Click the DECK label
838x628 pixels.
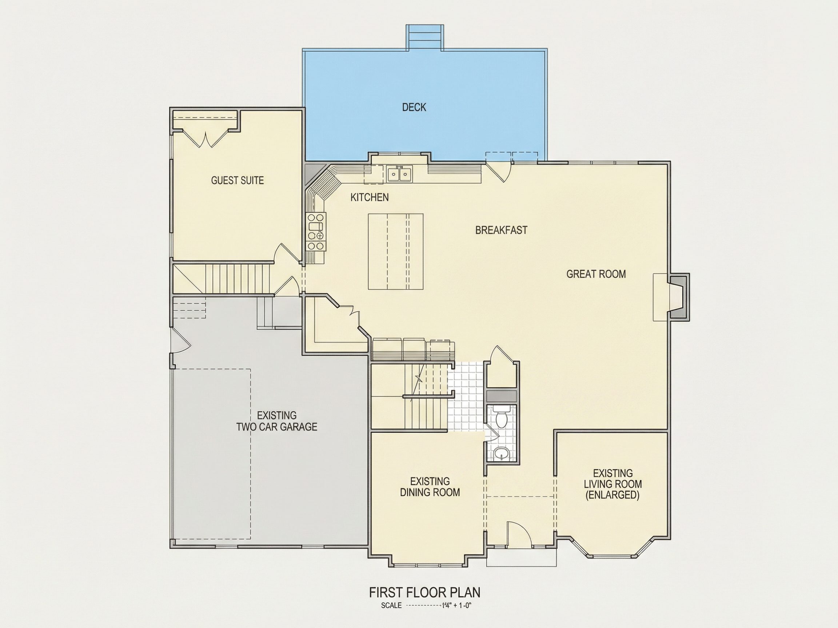pos(414,108)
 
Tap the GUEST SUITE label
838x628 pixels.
pos(238,181)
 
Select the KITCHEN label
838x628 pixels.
pos(370,197)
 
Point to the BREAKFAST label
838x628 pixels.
pos(501,230)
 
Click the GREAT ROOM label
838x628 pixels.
pos(596,274)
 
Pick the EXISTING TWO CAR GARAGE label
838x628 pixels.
pos(277,421)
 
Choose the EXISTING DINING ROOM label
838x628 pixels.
pos(430,487)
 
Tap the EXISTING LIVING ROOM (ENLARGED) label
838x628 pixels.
pos(612,484)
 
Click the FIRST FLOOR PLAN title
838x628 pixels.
pos(425,592)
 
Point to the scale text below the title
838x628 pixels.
pos(426,606)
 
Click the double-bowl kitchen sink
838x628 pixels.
pos(400,174)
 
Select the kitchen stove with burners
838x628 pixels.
pos(316,232)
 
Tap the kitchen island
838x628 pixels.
pos(395,252)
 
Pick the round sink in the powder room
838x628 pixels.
pos(502,453)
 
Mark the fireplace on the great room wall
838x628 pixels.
pos(671,297)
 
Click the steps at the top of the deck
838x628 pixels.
pos(425,37)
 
